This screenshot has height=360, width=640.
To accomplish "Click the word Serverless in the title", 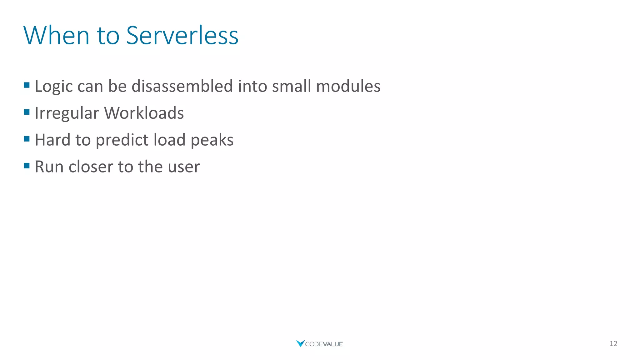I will tap(182, 35).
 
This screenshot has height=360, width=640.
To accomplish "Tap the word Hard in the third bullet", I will tap(52, 140).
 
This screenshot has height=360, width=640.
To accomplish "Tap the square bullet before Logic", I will tap(27, 85).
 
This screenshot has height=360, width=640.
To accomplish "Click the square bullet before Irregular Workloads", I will tap(27, 112).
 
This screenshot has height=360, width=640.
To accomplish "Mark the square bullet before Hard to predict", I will tap(27, 139).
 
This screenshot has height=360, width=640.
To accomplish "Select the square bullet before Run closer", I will tap(27, 166).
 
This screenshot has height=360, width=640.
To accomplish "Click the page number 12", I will tap(613, 344).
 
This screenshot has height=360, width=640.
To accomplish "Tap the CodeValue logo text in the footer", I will tap(323, 344).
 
